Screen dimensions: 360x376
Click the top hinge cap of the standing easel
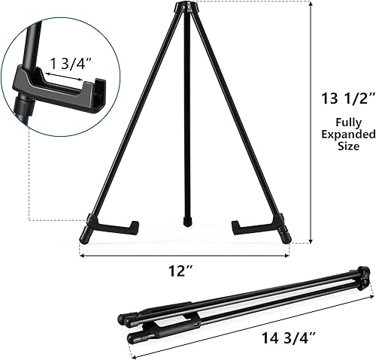coord(184,8)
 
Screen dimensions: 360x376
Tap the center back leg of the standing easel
coord(185,120)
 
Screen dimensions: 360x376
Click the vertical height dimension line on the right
coord(310,120)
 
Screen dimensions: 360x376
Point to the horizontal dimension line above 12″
coord(185,255)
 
